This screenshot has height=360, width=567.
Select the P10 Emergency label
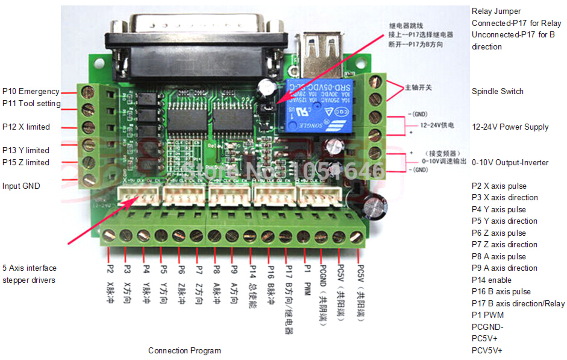coord(31,91)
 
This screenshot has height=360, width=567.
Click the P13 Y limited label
coord(26,150)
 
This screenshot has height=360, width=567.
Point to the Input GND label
coord(21,186)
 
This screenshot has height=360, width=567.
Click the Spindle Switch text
coord(497,91)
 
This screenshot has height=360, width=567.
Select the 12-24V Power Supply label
coord(510,127)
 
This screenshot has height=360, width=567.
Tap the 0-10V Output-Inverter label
coord(510,163)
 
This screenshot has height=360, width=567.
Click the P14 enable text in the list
coord(491,280)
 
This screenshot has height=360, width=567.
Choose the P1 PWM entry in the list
coord(488,315)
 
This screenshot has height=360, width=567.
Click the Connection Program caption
coord(184,351)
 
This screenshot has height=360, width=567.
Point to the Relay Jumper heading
coord(496,11)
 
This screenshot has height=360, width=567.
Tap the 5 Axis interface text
coord(29,268)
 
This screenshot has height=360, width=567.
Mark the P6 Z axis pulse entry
coord(499,233)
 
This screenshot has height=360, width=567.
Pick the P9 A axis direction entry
coord(504,268)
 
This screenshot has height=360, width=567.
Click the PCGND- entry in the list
coord(487,327)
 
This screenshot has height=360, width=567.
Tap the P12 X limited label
coord(26,127)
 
